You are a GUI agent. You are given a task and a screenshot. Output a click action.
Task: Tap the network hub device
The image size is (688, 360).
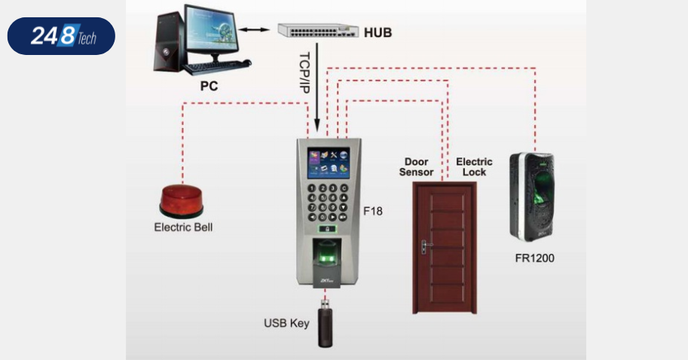pyautogui.click(x=317, y=30)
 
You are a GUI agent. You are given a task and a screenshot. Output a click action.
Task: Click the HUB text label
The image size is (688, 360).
pyautogui.click(x=378, y=32)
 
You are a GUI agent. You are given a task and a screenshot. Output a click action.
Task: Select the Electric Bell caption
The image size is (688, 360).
pyautogui.click(x=183, y=227)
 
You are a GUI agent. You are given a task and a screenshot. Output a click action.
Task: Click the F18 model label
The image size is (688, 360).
pyautogui.click(x=373, y=211)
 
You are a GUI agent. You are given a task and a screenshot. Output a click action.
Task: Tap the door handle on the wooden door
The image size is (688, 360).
pyautogui.click(x=424, y=245)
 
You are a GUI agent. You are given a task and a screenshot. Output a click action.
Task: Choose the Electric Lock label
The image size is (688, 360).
pyautogui.click(x=474, y=166)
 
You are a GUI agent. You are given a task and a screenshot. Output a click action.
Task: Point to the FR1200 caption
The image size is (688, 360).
pyautogui.click(x=534, y=258)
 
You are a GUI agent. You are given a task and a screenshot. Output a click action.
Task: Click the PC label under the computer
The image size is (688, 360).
pyautogui.click(x=209, y=87)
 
